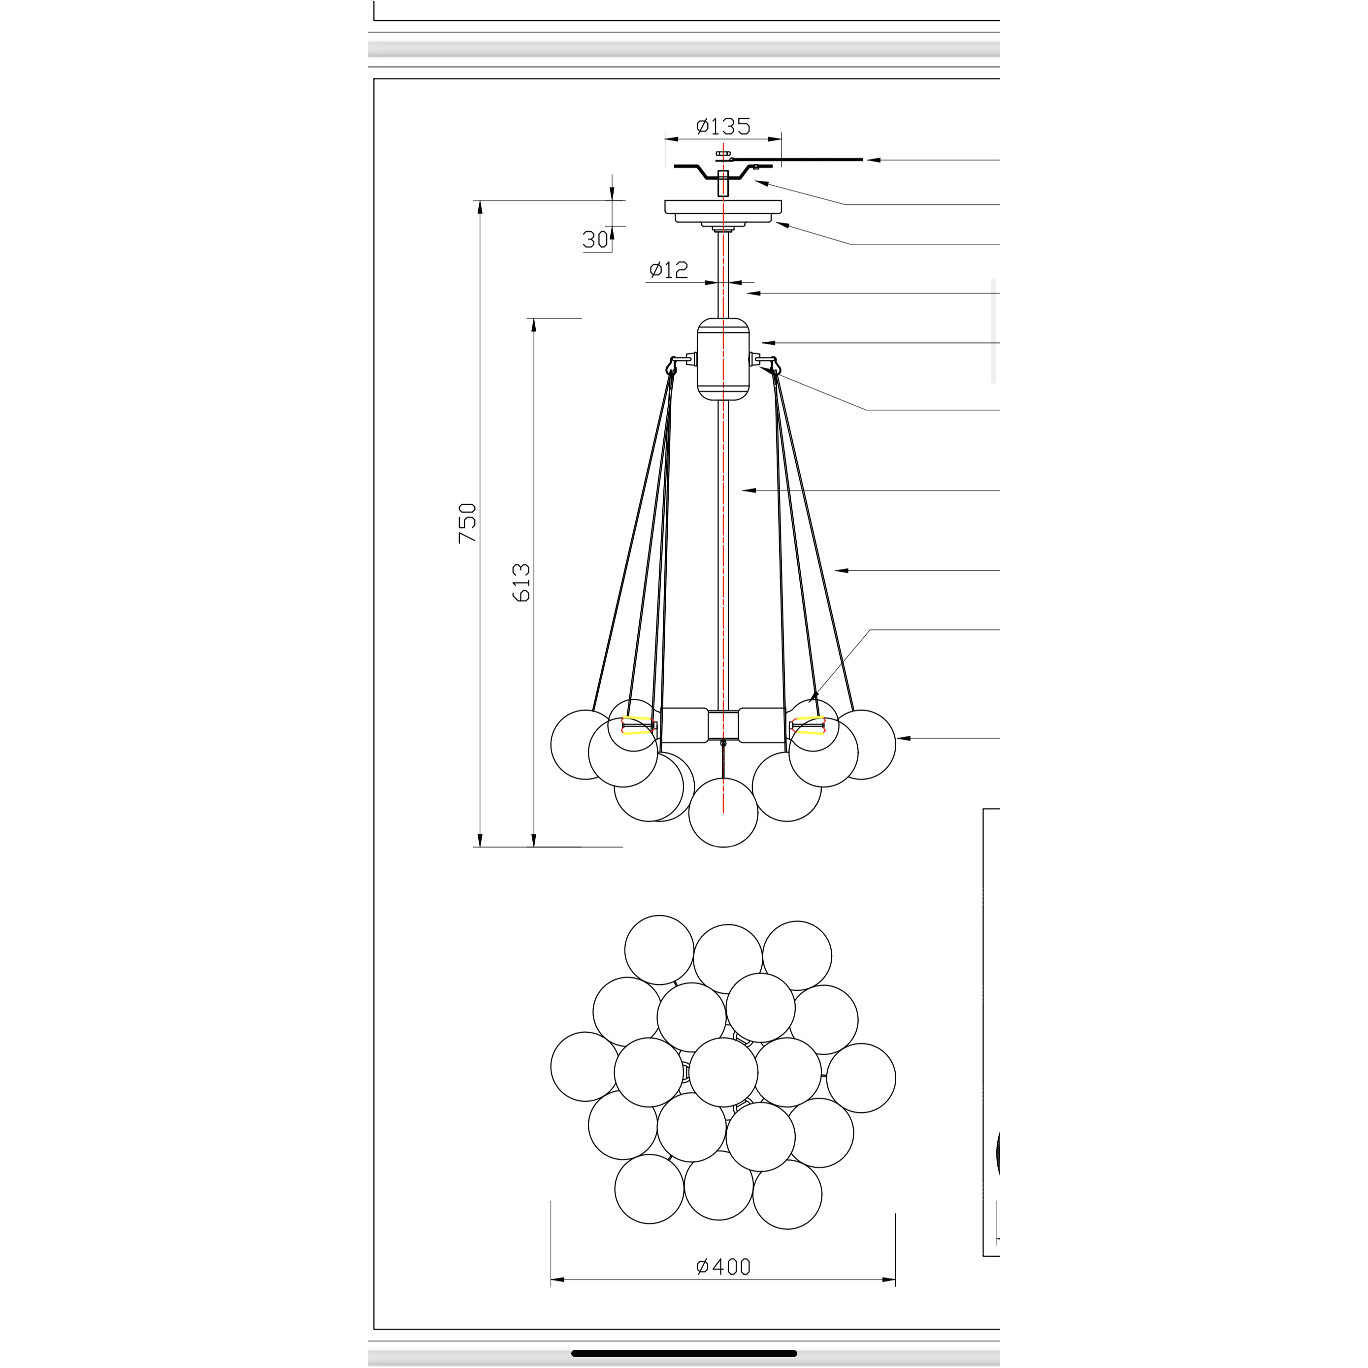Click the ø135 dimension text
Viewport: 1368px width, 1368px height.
point(722,127)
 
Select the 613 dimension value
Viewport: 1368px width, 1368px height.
point(521,582)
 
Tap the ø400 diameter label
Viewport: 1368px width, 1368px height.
point(722,1266)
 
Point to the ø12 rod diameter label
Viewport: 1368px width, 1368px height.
point(668,270)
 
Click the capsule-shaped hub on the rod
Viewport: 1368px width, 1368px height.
point(722,359)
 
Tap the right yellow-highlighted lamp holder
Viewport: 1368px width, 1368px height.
point(809,726)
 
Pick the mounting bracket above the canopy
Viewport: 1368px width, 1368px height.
point(722,171)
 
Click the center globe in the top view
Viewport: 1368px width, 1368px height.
point(723,1072)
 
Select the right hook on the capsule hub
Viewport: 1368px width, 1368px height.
point(772,365)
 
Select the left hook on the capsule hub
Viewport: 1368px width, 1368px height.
point(674,365)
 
